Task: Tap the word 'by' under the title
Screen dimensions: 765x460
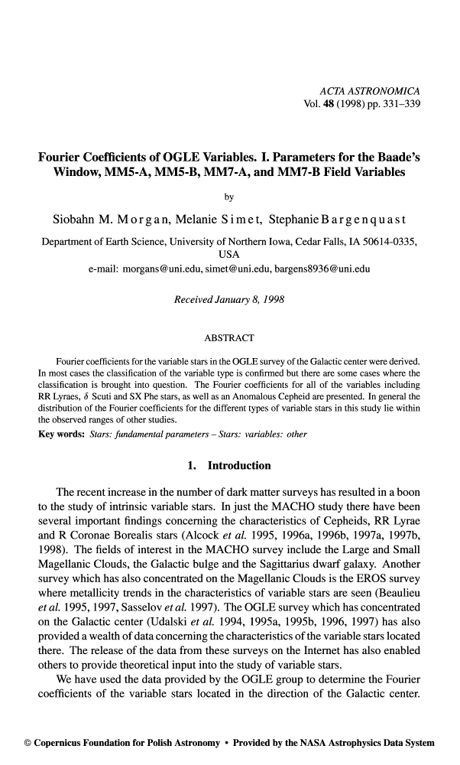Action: click(229, 197)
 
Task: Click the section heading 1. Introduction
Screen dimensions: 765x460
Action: click(229, 465)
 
